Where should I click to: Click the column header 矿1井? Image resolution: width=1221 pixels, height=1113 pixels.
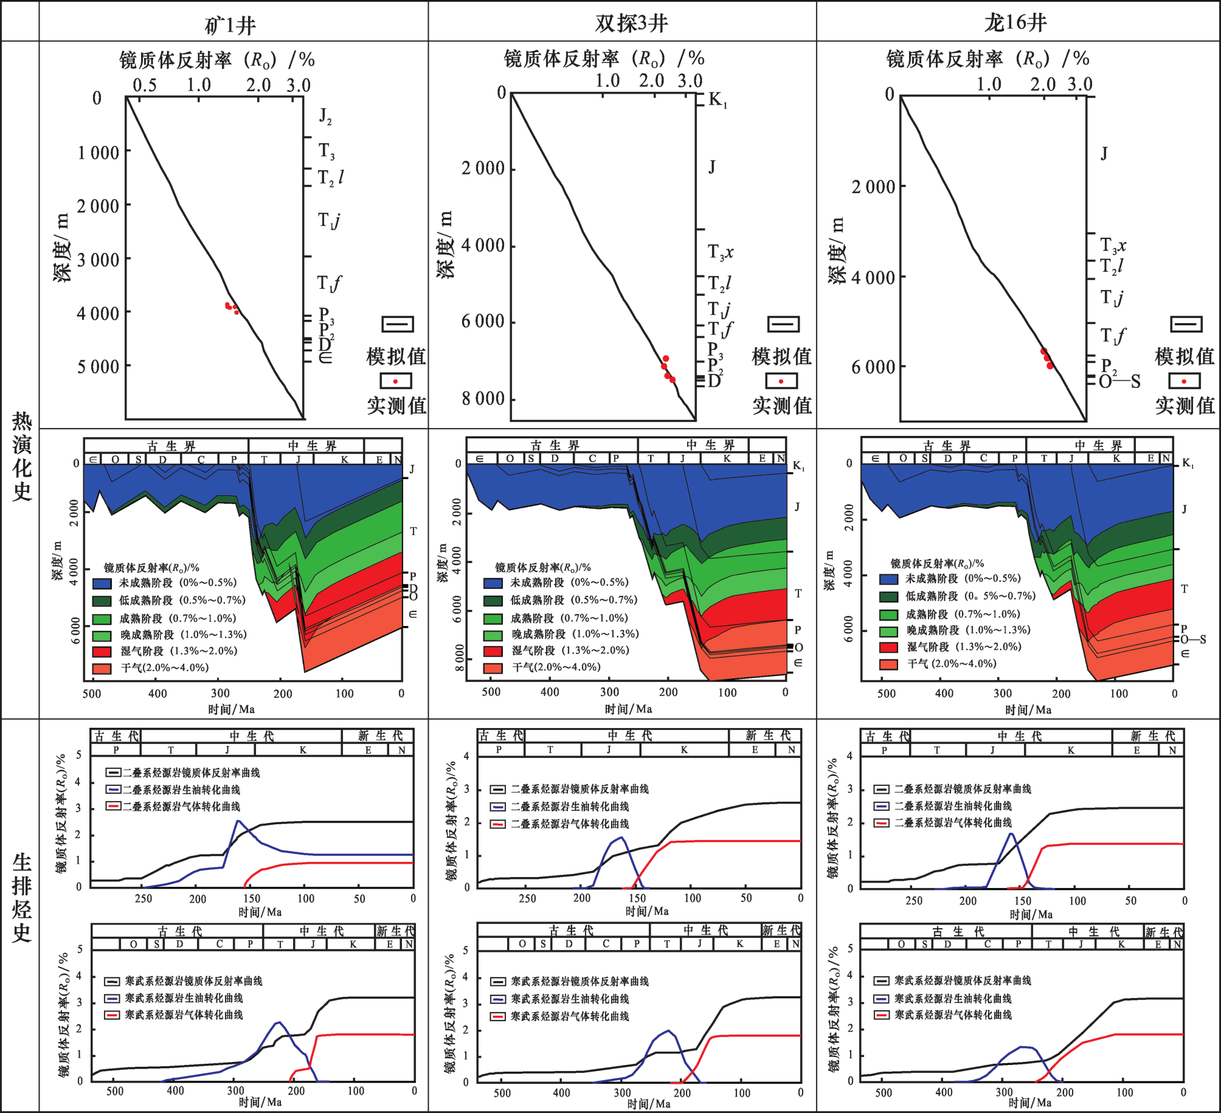coord(230,25)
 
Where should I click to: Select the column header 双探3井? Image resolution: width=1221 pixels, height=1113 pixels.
coord(631,23)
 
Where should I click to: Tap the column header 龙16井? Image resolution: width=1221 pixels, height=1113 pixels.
coord(1015,22)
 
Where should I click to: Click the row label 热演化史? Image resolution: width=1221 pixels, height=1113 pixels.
coord(22,456)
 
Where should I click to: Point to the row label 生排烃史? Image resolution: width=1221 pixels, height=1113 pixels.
coord(22,897)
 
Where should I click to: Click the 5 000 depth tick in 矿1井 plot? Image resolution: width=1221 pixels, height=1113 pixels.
coord(98,367)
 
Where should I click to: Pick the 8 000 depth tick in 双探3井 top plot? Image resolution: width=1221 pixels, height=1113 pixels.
coord(483,399)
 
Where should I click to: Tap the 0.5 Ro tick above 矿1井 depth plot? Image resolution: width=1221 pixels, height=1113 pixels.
coord(144,85)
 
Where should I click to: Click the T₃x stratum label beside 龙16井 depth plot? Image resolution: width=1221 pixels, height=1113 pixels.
coord(1113,246)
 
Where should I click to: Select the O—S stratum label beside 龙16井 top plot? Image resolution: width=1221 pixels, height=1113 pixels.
coord(1119,382)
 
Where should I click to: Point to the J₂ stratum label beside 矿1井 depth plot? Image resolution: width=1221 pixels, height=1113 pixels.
coord(325,115)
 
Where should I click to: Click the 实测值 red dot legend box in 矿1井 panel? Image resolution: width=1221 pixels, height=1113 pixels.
coord(396,381)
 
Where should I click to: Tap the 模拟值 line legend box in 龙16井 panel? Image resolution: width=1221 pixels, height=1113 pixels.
coord(1186,324)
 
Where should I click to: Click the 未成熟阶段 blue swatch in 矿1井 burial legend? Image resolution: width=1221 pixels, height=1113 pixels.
coord(102,583)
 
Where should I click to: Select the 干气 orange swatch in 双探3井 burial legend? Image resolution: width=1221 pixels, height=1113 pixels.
coord(493,667)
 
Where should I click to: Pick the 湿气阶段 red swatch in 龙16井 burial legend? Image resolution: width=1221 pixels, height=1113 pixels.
coord(888,647)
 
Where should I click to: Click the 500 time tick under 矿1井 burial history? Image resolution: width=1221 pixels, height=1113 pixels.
coord(92,694)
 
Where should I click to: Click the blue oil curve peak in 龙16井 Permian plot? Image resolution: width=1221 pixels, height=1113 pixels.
coord(1011,833)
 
